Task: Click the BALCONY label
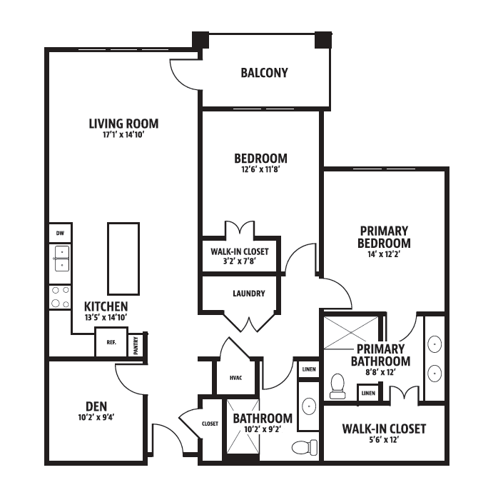click(264, 73)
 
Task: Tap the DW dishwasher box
click(61, 233)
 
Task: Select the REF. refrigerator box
click(111, 342)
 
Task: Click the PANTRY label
click(136, 345)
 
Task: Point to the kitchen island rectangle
click(123, 259)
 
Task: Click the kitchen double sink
click(61, 259)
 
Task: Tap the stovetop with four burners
click(61, 297)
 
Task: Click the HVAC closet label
click(235, 378)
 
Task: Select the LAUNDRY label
click(249, 294)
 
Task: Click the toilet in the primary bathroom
click(337, 386)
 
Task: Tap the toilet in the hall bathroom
click(305, 447)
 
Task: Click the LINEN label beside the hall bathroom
click(309, 369)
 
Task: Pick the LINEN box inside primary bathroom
click(368, 393)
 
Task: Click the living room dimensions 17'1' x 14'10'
click(123, 134)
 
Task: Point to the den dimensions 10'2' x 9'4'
click(96, 417)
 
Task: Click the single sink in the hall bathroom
click(309, 406)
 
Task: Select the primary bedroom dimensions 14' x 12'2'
click(384, 254)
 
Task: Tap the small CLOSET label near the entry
click(210, 424)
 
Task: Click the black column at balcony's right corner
click(322, 40)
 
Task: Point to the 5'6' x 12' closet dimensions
click(384, 439)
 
